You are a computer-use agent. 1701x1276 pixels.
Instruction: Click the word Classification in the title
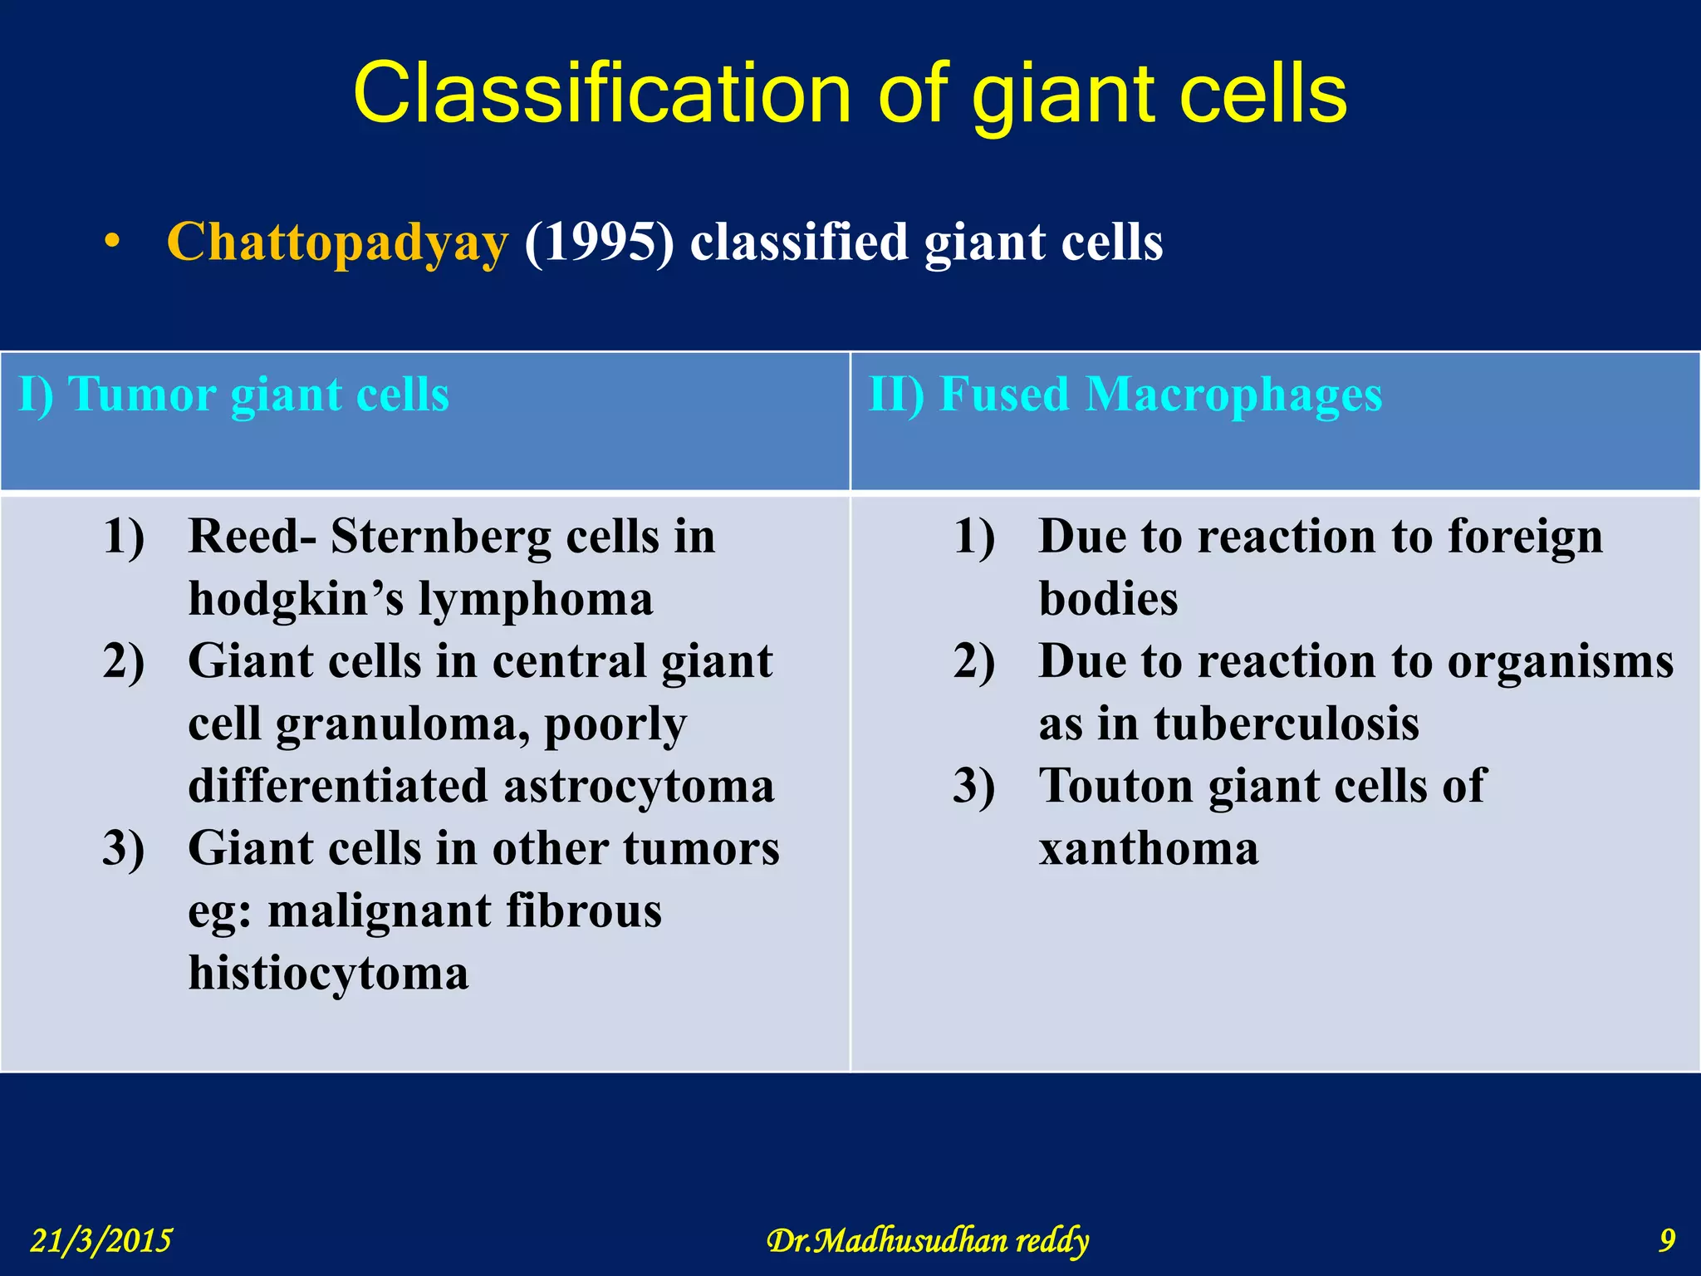[602, 93]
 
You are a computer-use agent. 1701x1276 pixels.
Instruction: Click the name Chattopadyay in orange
[337, 243]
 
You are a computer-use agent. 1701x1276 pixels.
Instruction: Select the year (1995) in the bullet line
[599, 243]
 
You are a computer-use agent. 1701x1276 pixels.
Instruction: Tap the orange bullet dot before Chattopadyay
[112, 243]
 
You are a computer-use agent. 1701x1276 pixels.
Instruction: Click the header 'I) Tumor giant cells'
[234, 394]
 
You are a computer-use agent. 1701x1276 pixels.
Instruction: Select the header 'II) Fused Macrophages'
[1125, 394]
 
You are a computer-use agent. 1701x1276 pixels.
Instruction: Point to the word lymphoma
[536, 599]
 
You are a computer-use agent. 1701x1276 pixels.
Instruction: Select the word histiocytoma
[328, 974]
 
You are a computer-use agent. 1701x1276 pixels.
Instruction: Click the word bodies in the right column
[1108, 599]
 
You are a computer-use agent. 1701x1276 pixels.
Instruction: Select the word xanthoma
[1149, 849]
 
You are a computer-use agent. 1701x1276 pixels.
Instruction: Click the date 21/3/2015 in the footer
[101, 1241]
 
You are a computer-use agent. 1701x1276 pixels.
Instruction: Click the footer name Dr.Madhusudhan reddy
[927, 1241]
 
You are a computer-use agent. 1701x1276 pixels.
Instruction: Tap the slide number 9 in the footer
[1667, 1241]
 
